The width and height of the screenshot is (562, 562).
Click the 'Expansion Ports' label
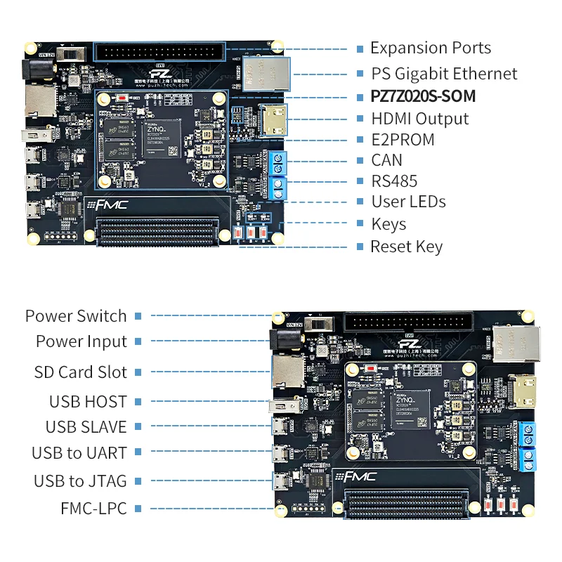(x=431, y=48)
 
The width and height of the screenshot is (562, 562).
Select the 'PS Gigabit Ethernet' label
(x=444, y=74)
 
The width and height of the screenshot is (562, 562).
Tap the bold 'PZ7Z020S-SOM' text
(x=423, y=96)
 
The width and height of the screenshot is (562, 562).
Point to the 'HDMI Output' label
(x=419, y=119)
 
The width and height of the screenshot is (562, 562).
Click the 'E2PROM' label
(x=403, y=140)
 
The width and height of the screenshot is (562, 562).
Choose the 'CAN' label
(x=386, y=161)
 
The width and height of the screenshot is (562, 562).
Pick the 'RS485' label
(x=394, y=181)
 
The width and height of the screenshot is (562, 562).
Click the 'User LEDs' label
(x=408, y=202)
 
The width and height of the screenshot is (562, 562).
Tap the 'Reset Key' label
(x=406, y=247)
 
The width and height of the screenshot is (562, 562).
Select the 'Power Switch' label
(x=76, y=316)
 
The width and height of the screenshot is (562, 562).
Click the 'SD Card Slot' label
(x=81, y=372)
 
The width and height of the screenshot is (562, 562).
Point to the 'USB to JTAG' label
(x=80, y=481)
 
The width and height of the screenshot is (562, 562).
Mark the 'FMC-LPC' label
(x=93, y=508)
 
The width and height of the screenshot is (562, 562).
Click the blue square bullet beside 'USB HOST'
(x=138, y=402)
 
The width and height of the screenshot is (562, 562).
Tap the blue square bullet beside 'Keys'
(x=360, y=225)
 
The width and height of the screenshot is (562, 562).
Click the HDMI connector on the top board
(x=269, y=119)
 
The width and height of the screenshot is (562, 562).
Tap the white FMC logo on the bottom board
(x=360, y=477)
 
